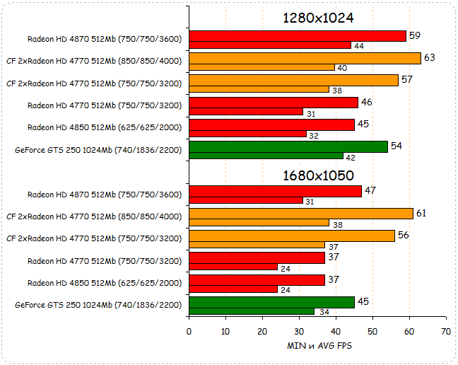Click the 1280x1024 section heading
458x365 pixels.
(x=317, y=18)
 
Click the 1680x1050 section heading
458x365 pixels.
(x=317, y=175)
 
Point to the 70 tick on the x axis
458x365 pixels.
(x=445, y=331)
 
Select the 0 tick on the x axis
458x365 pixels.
(x=189, y=331)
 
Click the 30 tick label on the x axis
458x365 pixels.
(x=299, y=331)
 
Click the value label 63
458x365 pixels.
(x=429, y=57)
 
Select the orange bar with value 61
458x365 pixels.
(x=300, y=214)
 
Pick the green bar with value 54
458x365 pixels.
(x=288, y=146)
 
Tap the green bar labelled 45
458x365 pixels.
(x=271, y=303)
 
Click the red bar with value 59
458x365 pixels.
(x=297, y=36)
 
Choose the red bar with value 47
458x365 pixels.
(x=275, y=191)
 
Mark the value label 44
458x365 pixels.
(x=359, y=46)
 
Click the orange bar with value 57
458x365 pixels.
(x=293, y=80)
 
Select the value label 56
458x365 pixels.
(x=404, y=235)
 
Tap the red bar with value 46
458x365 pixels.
(x=273, y=103)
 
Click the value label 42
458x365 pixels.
(x=351, y=157)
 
